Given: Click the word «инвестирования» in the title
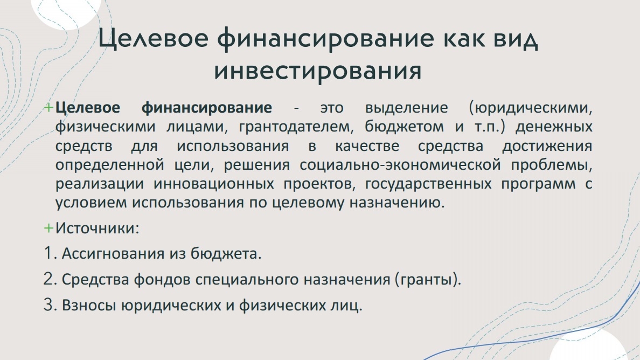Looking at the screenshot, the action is (318, 71).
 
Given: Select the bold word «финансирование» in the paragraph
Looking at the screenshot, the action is (206, 108).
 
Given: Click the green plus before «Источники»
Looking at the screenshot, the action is (48, 228).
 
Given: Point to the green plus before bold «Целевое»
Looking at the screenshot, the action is (48, 108).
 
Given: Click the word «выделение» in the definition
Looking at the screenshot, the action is (407, 108).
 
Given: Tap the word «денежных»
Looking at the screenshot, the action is (554, 127).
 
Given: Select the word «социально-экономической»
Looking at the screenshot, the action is (400, 165).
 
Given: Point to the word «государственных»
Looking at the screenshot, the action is (428, 184).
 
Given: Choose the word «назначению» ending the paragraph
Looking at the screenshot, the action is (396, 203).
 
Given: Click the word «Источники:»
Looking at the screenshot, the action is (98, 228).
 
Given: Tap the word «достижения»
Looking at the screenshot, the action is (547, 146).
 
